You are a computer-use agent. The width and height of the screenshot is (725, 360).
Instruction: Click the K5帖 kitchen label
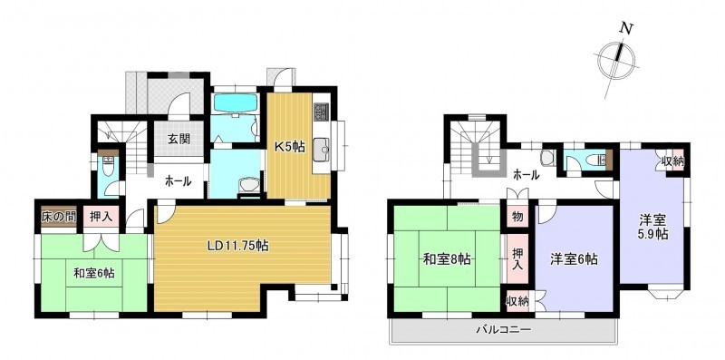click(x=289, y=147)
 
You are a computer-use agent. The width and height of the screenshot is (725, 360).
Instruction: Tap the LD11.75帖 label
click(x=237, y=245)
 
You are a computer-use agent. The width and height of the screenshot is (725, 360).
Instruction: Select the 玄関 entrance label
click(x=179, y=139)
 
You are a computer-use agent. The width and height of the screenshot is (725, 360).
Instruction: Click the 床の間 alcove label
click(x=58, y=217)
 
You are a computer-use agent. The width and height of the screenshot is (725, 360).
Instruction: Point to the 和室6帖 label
click(x=94, y=274)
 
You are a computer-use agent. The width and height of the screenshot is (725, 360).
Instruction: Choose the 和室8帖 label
click(x=447, y=259)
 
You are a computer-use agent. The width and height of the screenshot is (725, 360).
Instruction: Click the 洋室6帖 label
click(x=574, y=259)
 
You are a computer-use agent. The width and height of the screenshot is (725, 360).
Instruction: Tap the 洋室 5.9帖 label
click(x=652, y=227)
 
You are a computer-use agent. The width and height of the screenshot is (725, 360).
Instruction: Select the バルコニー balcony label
click(x=504, y=330)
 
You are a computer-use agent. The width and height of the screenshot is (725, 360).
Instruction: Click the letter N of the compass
click(x=626, y=29)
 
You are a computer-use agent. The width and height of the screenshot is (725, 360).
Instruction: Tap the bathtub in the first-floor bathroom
click(x=236, y=102)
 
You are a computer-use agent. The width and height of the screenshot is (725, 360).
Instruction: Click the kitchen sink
click(x=322, y=150)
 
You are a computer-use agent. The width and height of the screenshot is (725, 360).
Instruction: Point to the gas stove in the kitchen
click(x=321, y=112)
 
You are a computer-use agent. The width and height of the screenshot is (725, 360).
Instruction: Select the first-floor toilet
click(x=108, y=166)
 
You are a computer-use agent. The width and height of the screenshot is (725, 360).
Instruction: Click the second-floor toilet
click(x=595, y=161)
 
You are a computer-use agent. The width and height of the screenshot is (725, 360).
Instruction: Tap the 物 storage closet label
click(x=517, y=217)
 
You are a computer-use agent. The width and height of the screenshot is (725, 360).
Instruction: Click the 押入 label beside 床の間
click(x=101, y=217)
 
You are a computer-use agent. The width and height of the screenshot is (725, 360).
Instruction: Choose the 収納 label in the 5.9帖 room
click(x=672, y=162)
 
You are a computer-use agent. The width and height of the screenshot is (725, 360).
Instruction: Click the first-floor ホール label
click(x=179, y=182)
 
